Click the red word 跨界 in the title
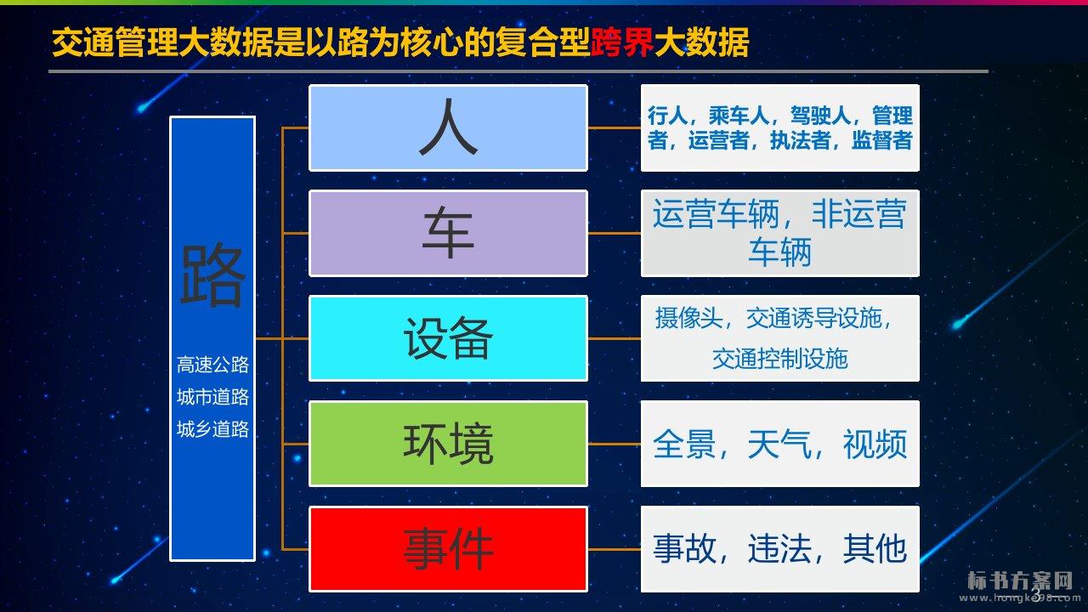[x=622, y=42]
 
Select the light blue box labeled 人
[x=448, y=127]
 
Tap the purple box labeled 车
[x=448, y=233]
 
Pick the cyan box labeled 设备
[x=448, y=338]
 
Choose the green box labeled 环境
[x=448, y=444]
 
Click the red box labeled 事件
[x=448, y=549]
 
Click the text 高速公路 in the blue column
[x=212, y=365]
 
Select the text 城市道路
[x=212, y=397]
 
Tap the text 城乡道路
[x=212, y=429]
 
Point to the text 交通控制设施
[x=780, y=359]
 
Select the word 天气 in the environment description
[x=779, y=444]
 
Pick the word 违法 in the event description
[x=779, y=549]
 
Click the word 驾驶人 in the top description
[x=820, y=116]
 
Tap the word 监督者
[x=881, y=140]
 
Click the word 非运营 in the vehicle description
[x=858, y=213]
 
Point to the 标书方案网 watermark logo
[x=1020, y=581]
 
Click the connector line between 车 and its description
[x=615, y=233]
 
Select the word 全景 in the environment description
[x=684, y=444]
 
